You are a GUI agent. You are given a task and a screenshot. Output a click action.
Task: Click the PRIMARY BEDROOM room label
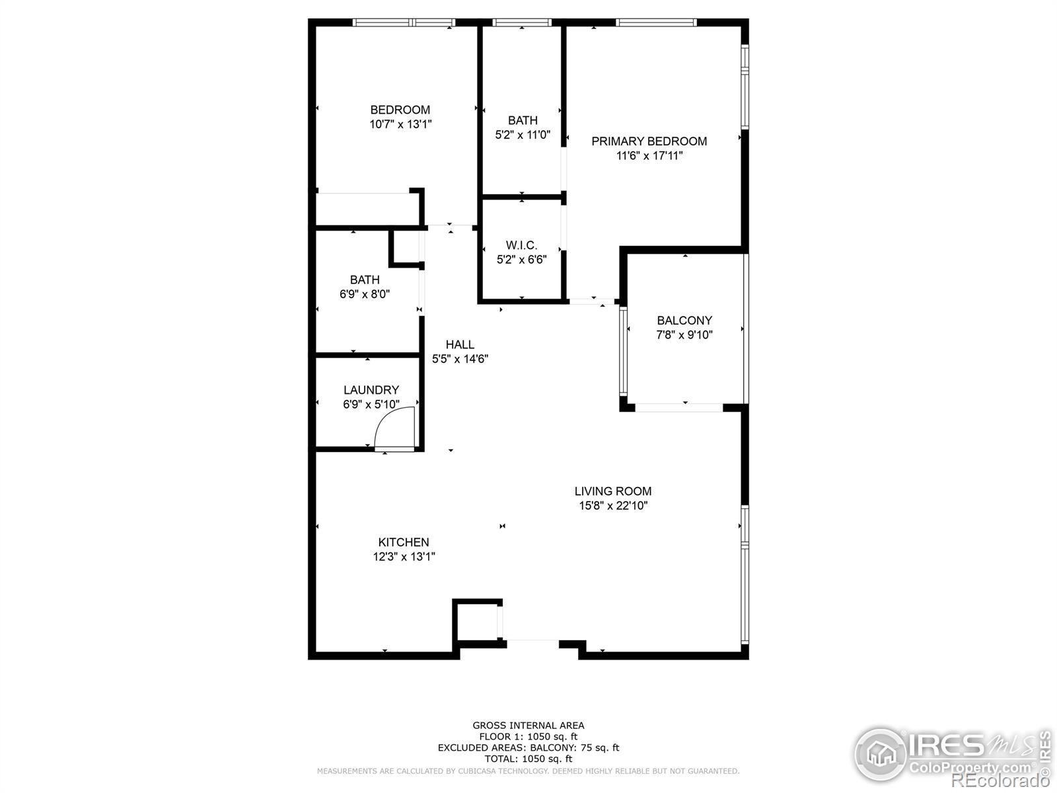(x=649, y=141)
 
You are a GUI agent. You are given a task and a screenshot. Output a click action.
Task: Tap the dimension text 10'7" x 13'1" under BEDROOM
(x=400, y=124)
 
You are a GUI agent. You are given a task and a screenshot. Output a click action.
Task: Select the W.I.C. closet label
(x=521, y=245)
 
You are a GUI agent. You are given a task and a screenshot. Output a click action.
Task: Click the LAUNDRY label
(x=371, y=390)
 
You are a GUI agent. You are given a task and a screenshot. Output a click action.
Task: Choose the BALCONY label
(x=684, y=321)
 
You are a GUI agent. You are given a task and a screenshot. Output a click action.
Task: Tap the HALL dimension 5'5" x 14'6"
(x=460, y=359)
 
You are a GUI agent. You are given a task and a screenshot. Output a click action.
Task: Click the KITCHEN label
(x=404, y=542)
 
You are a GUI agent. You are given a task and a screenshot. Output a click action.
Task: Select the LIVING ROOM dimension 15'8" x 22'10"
(x=613, y=506)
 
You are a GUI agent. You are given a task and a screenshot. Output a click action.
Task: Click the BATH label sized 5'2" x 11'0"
(x=523, y=120)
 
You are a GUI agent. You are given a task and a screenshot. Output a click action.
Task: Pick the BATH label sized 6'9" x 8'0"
(x=365, y=280)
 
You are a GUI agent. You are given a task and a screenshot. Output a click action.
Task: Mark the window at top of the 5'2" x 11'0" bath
(x=521, y=22)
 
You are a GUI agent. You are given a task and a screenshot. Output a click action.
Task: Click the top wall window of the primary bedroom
(x=656, y=22)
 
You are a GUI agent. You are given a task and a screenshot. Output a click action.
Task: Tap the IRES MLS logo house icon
(x=880, y=753)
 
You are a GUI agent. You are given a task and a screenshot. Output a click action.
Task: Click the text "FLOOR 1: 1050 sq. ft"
(x=528, y=737)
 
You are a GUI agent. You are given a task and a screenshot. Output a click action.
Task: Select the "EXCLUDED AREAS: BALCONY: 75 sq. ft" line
(x=528, y=748)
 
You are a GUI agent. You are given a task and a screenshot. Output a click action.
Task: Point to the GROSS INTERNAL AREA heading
(x=528, y=726)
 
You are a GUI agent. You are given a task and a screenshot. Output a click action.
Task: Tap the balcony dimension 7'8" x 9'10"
(x=684, y=334)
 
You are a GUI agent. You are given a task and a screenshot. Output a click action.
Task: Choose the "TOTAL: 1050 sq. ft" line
(x=528, y=759)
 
